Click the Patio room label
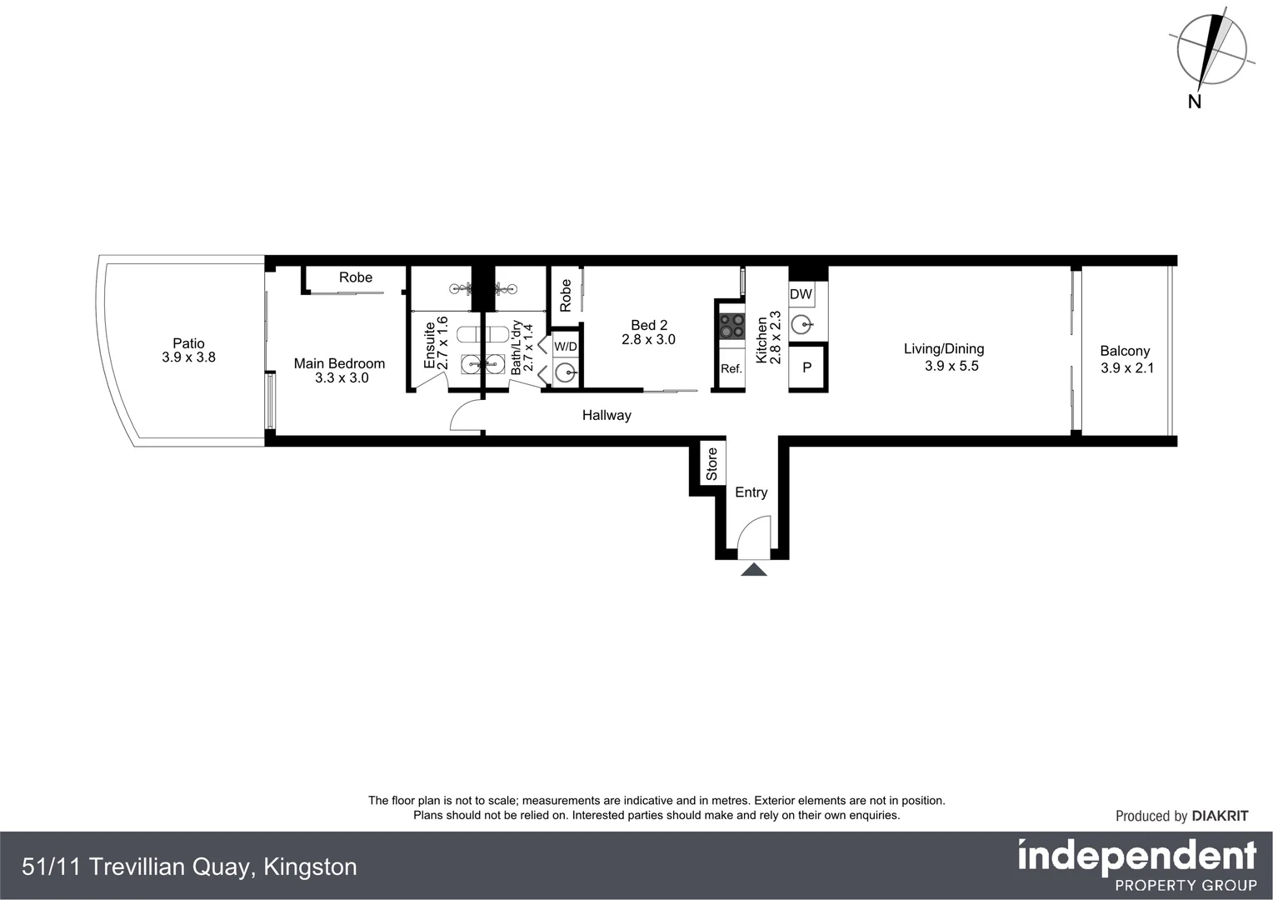pyautogui.click(x=188, y=342)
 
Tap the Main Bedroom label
pyautogui.click(x=339, y=363)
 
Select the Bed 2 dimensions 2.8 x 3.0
pyautogui.click(x=648, y=340)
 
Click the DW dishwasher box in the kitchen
pyautogui.click(x=801, y=294)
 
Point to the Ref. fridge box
pyautogui.click(x=731, y=368)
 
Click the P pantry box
pyautogui.click(x=806, y=367)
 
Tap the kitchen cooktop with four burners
pyautogui.click(x=732, y=326)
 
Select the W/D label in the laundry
pyautogui.click(x=565, y=346)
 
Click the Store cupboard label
pyautogui.click(x=711, y=464)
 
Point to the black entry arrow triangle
pyautogui.click(x=753, y=570)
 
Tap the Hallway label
pyautogui.click(x=607, y=415)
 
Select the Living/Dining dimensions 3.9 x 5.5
pyautogui.click(x=951, y=366)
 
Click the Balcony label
pyautogui.click(x=1125, y=351)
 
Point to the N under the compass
pyautogui.click(x=1194, y=102)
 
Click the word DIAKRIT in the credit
pyautogui.click(x=1220, y=816)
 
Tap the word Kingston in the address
pyautogui.click(x=310, y=867)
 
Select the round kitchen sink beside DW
pyautogui.click(x=801, y=323)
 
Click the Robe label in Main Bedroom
pyautogui.click(x=355, y=277)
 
